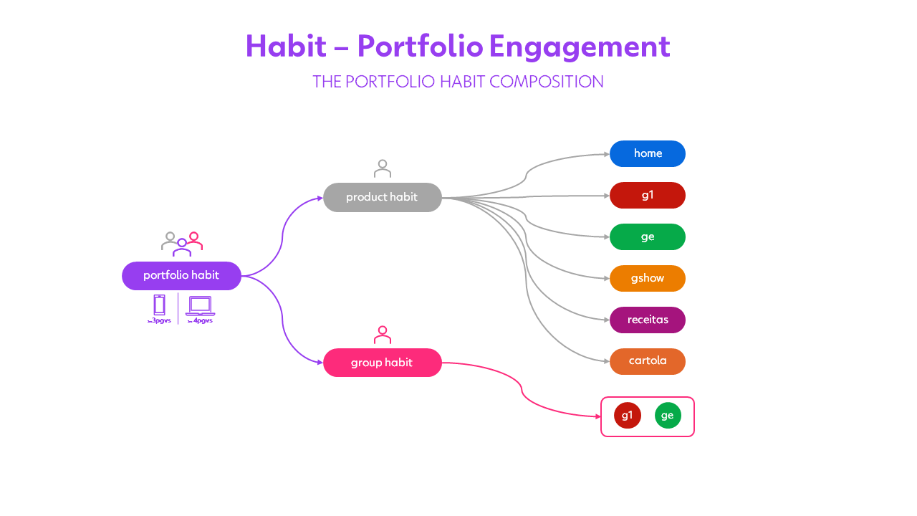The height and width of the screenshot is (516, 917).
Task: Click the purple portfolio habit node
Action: point(181,276)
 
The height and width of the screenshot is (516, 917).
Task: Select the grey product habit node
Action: point(382,197)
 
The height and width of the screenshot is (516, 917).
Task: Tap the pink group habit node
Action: point(382,363)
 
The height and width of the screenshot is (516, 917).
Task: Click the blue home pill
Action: point(648,154)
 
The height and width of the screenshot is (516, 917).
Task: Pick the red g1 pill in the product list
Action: point(648,196)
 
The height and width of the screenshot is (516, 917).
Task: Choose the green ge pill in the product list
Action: point(648,237)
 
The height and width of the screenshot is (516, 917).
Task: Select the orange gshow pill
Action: point(648,279)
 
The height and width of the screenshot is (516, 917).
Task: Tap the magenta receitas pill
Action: point(648,320)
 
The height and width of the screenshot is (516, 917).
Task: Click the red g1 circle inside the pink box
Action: point(628,416)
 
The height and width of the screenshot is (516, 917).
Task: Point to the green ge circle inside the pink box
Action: point(668,416)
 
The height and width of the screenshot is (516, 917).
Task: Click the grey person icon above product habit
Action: point(383,168)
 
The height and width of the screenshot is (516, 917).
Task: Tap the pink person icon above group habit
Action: point(383,335)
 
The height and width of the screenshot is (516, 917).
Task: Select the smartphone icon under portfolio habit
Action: point(159,305)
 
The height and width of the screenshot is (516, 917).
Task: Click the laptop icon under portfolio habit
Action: point(200,305)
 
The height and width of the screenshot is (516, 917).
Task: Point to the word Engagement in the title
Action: point(580,47)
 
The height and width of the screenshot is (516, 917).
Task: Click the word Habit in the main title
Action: point(286,47)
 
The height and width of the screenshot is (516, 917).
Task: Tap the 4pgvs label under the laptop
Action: point(201,321)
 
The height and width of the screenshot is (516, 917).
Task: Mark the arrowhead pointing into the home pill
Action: point(606,154)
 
